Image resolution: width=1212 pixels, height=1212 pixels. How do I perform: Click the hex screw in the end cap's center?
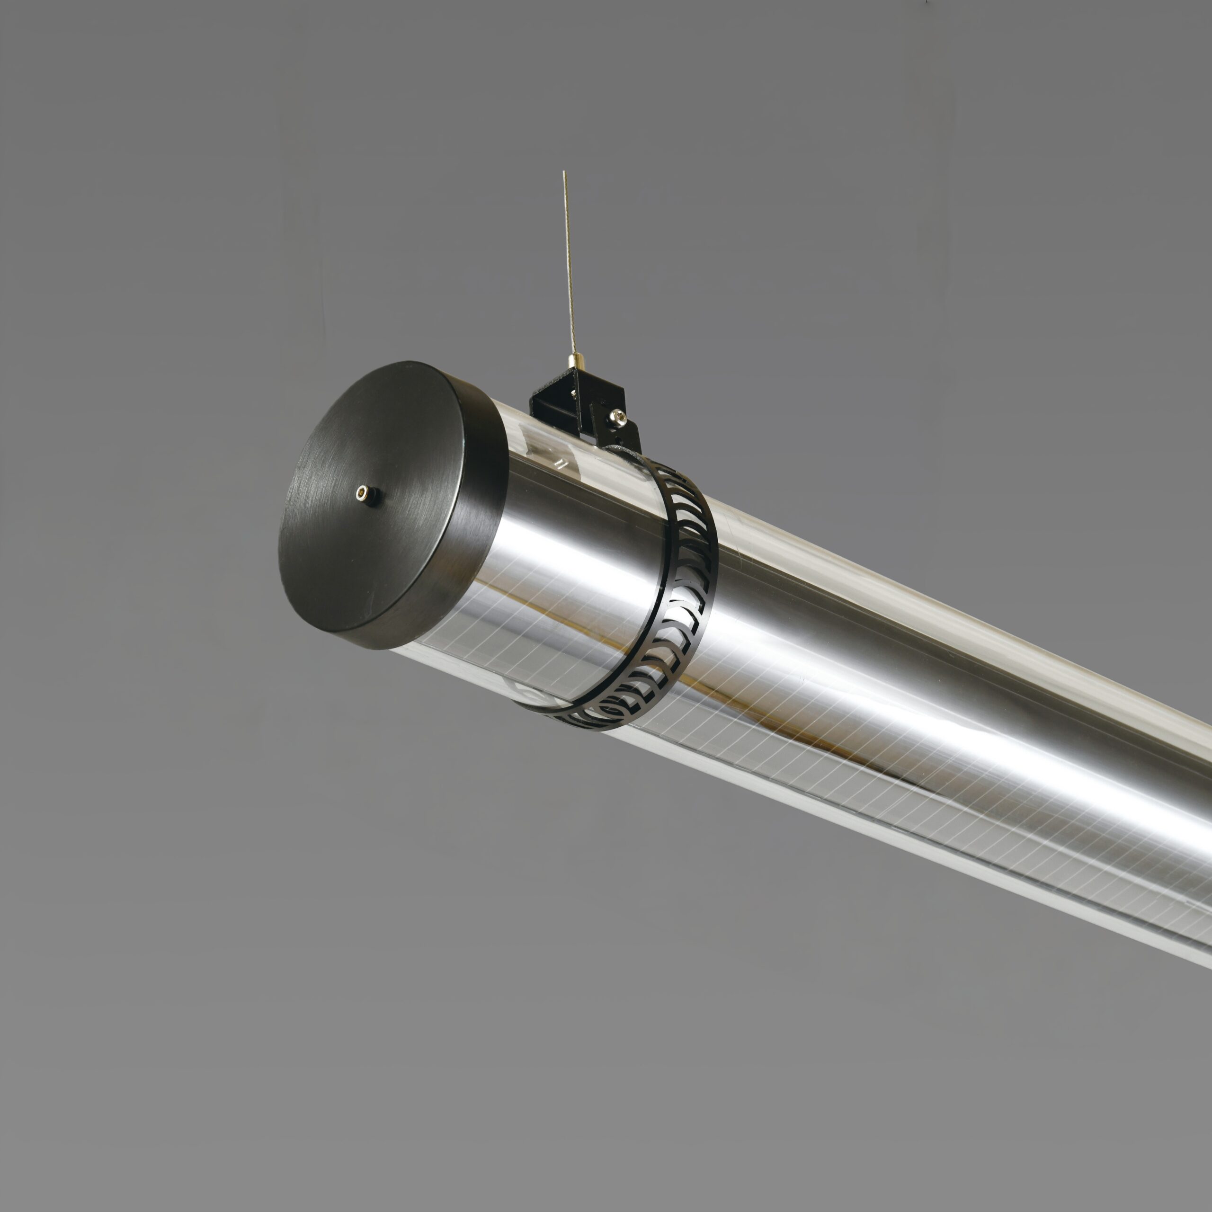pos(365,494)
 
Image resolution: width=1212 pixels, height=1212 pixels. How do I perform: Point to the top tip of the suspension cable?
pos(564,172)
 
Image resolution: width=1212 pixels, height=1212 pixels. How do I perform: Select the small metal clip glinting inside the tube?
pos(560,463)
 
